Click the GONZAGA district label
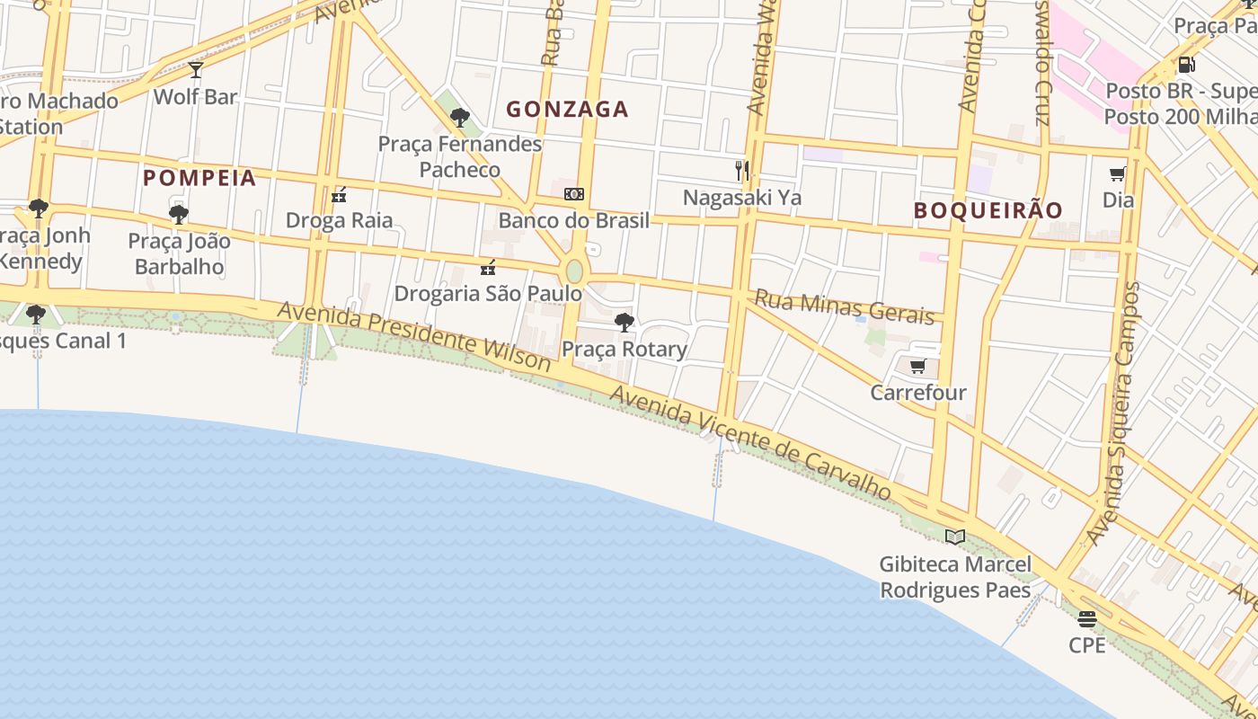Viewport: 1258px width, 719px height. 567,110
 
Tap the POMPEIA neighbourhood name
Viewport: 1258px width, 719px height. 199,178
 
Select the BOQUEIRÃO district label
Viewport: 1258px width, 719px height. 988,210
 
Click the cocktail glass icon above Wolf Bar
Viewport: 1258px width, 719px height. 196,69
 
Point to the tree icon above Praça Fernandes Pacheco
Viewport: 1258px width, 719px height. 460,117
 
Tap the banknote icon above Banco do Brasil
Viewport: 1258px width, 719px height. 574,194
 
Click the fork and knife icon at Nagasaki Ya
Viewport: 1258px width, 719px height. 742,171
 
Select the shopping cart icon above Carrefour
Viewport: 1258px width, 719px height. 917,366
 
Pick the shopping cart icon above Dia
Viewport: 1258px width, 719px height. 1118,173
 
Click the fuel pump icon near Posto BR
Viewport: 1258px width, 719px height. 1186,65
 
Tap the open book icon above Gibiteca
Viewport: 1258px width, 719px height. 954,537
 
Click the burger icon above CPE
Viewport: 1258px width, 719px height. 1087,618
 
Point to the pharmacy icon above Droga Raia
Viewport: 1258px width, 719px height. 339,194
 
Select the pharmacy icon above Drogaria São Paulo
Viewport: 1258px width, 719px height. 488,267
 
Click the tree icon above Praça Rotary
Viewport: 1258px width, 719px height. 624,322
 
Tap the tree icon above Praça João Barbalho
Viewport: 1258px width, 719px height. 178,214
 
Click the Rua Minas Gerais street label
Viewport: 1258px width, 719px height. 844,306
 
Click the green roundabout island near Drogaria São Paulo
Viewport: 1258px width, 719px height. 574,271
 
